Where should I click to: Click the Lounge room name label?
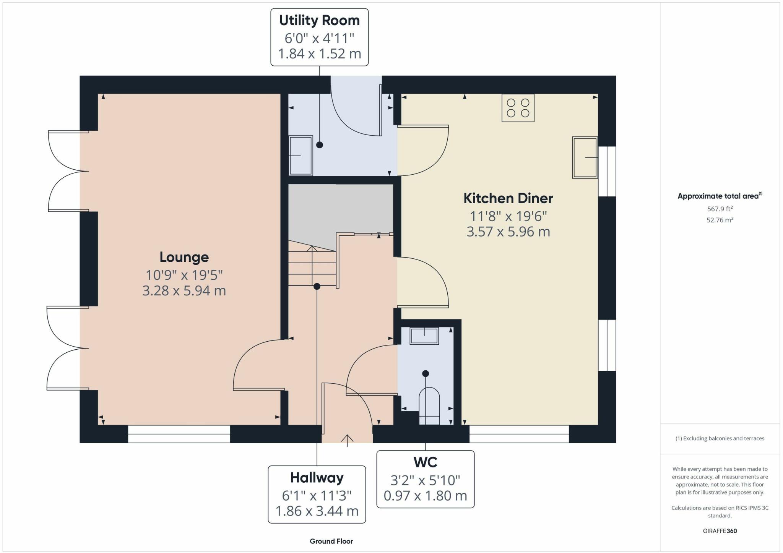[184, 257]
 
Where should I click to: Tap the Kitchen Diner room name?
[508, 198]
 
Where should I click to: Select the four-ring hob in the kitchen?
[518, 108]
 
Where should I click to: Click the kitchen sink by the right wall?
[585, 157]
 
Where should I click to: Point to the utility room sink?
[301, 156]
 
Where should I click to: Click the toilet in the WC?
[429, 406]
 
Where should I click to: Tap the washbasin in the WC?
[424, 336]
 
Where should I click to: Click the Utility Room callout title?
[319, 21]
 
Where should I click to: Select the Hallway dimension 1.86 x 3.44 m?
[317, 511]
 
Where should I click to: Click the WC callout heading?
[425, 462]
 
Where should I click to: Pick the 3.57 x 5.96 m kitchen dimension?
[508, 232]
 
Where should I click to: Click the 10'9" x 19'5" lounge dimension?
[184, 275]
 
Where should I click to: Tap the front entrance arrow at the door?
[347, 440]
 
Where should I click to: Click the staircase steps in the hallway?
[312, 264]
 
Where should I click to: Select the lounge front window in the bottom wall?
[179, 434]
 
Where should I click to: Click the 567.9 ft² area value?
[720, 209]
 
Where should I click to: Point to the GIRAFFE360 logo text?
[720, 531]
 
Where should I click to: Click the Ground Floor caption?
[331, 541]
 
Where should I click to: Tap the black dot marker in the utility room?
[320, 145]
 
